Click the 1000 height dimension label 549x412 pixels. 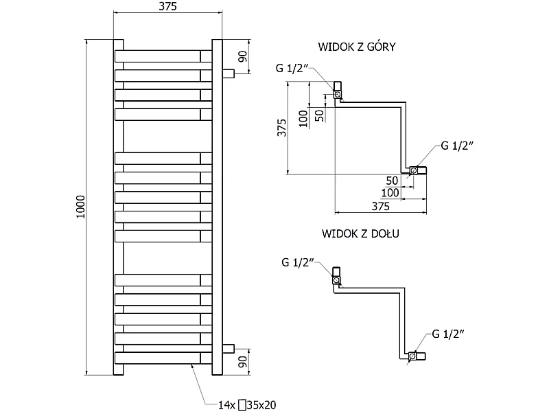coord(81,207)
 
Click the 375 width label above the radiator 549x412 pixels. coord(167,6)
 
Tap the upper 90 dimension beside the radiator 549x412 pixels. coord(243,56)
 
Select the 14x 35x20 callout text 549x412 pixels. coord(247,405)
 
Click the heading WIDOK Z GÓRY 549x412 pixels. coord(357,47)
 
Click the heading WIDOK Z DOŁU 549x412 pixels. coord(360,233)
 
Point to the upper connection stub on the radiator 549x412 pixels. coord(229,73)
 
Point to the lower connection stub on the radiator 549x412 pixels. coord(229,349)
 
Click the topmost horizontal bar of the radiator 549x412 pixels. coord(163,56)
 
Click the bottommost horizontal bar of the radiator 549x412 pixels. coord(163,358)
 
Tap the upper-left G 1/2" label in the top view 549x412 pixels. coord(292,68)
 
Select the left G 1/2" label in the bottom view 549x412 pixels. coord(298,262)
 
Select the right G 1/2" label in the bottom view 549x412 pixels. coord(448,334)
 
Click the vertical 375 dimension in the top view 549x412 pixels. coord(281,128)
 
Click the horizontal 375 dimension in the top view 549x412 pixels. coord(380,207)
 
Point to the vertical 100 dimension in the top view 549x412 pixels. coord(303,118)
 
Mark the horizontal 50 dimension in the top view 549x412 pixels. coord(392,181)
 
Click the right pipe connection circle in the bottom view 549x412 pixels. coord(412,356)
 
